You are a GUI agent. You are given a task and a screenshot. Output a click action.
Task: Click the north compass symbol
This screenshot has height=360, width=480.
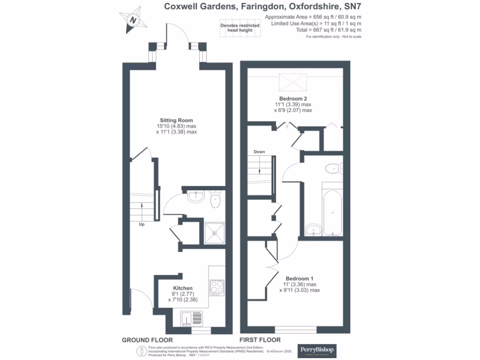pyautogui.click(x=134, y=20)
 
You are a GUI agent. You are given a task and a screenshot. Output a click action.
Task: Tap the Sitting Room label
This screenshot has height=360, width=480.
pyautogui.click(x=176, y=120)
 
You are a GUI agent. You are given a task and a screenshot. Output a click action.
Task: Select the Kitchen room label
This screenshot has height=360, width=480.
pyautogui.click(x=183, y=287)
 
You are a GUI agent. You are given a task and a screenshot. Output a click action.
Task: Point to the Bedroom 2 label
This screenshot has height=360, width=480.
pyautogui.click(x=293, y=98)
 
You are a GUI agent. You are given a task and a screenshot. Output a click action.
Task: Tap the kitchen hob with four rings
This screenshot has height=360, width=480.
pyautogui.click(x=217, y=286)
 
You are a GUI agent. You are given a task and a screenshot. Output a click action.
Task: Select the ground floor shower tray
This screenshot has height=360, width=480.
pyautogui.click(x=215, y=233)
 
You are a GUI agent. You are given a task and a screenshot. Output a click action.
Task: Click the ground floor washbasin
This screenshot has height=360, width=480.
pyautogui.click(x=195, y=197)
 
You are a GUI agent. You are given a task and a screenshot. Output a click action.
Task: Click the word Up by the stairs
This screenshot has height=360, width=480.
pyautogui.click(x=142, y=225)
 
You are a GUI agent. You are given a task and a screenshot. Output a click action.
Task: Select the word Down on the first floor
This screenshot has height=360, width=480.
pyautogui.click(x=259, y=152)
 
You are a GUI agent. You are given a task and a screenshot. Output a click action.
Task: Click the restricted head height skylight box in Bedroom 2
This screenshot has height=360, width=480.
pyautogui.click(x=292, y=83)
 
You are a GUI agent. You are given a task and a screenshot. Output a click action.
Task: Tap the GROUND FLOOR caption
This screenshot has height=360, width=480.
pyautogui.click(x=147, y=340)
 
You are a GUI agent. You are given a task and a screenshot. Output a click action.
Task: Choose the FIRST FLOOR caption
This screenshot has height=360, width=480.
pyautogui.click(x=260, y=340)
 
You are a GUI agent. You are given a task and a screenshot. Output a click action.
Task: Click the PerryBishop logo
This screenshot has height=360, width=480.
pyautogui.click(x=318, y=349)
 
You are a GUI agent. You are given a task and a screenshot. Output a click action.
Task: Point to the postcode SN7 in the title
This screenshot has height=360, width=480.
pyautogui.click(x=352, y=7)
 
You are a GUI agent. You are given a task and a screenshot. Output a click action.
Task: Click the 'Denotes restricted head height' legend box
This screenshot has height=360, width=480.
pyautogui.click(x=237, y=28)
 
